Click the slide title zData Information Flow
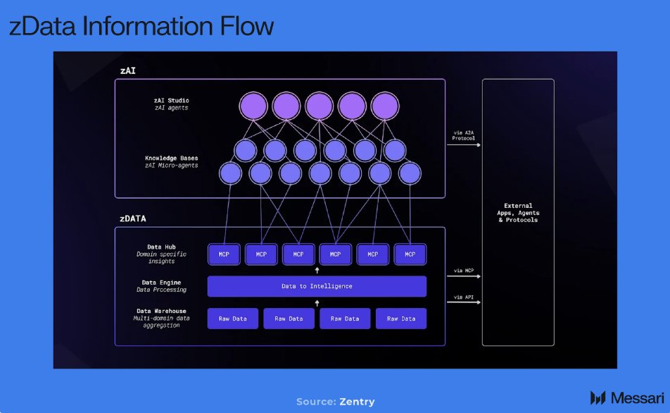(141, 26)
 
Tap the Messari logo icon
(598, 397)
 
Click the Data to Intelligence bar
(317, 286)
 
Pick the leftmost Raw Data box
(232, 319)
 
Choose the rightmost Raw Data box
(401, 319)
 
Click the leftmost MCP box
(224, 254)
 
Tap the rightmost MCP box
(410, 254)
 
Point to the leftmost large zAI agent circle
(253, 106)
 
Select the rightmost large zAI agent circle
(385, 106)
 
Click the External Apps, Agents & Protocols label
(518, 213)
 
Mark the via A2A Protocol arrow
(463, 144)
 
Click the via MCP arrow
(463, 277)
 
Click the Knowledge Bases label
(171, 158)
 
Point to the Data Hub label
(161, 247)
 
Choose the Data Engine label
(161, 283)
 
